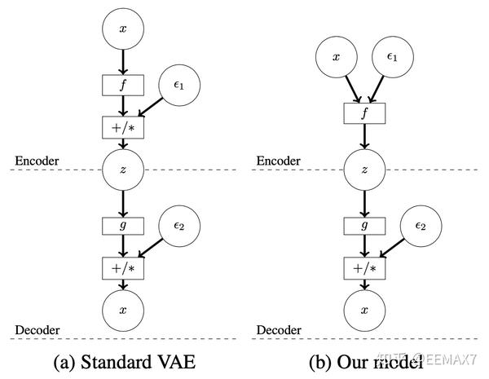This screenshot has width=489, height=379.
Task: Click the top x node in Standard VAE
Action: click(x=123, y=29)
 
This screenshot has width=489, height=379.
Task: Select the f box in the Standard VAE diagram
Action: click(x=123, y=84)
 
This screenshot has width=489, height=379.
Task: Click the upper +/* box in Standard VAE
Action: click(x=123, y=127)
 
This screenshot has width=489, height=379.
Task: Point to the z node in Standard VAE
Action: click(x=123, y=170)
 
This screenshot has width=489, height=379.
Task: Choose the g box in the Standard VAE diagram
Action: click(x=123, y=224)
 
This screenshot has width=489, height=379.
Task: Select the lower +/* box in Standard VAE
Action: click(x=123, y=267)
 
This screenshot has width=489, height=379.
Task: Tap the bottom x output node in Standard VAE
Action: click(x=123, y=311)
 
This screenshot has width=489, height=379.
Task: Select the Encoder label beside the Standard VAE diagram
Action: click(x=37, y=160)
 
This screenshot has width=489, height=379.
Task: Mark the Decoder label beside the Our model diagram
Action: click(x=280, y=329)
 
